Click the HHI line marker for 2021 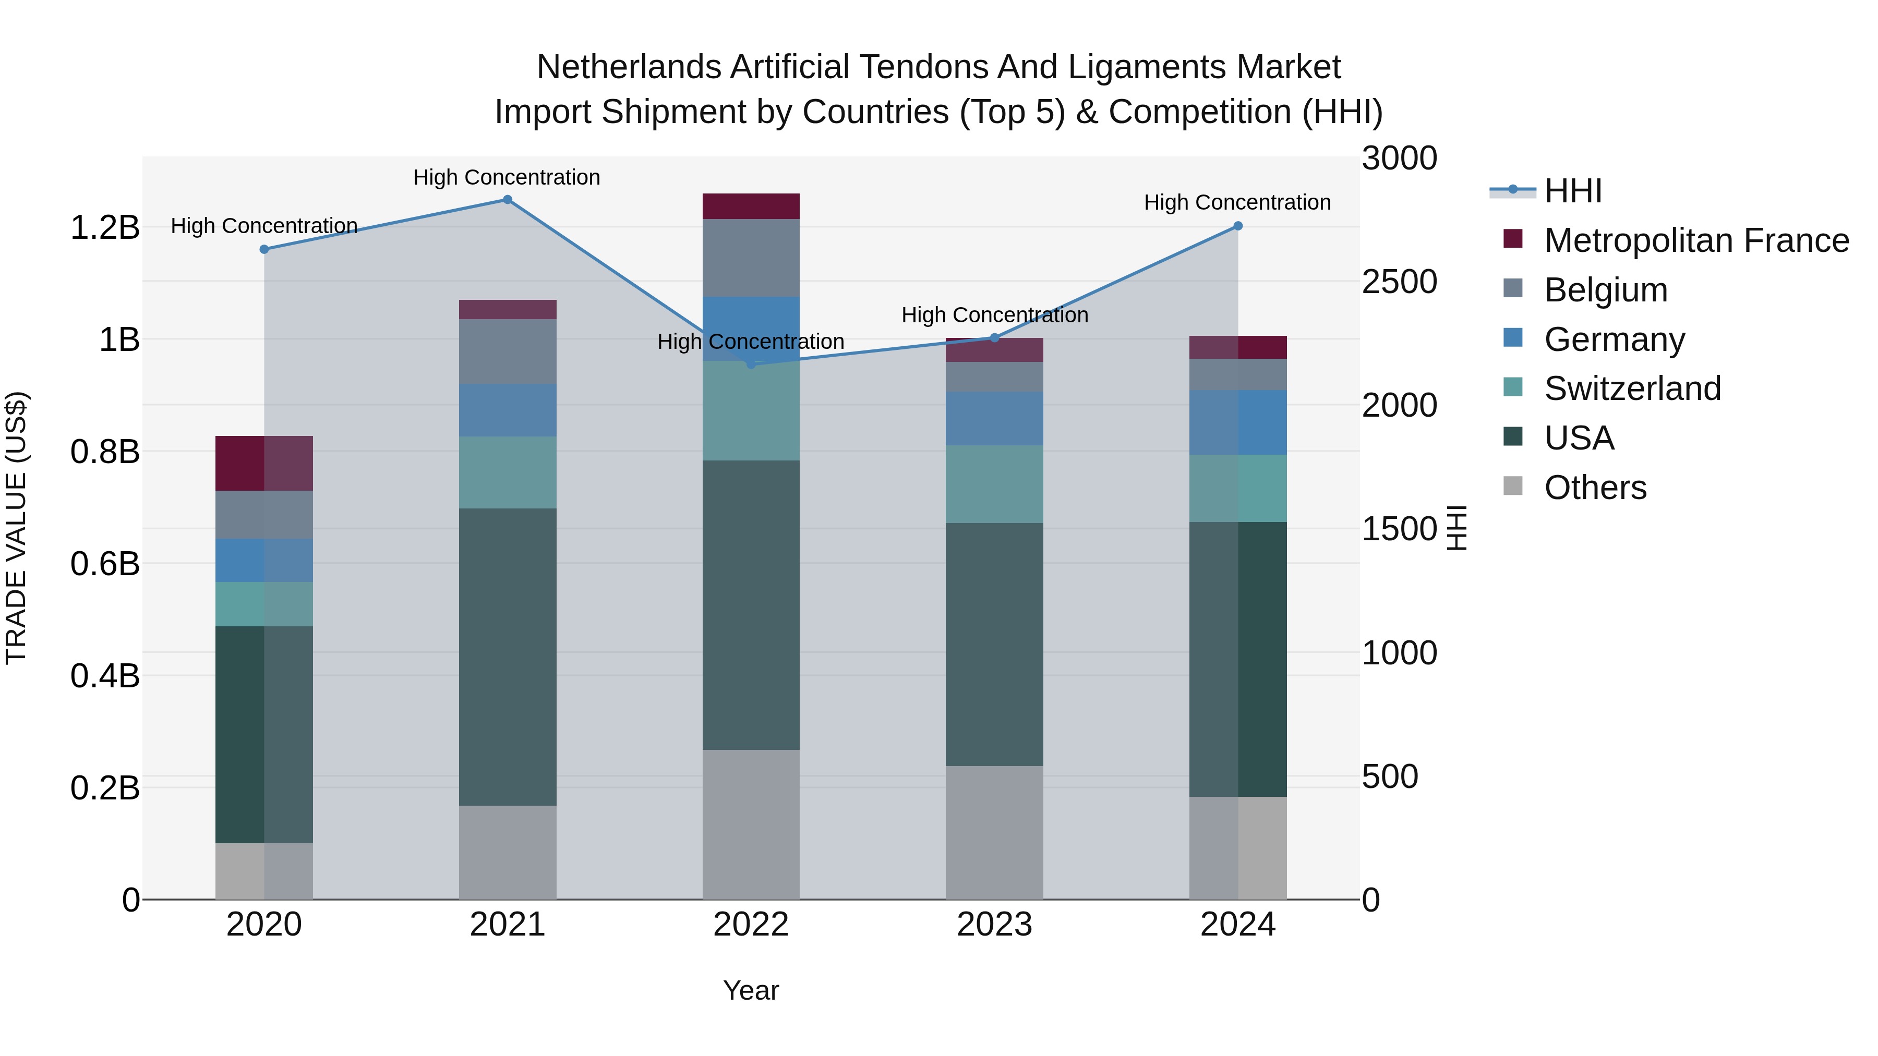[508, 200]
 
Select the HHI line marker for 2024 [1238, 226]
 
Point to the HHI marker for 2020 [264, 249]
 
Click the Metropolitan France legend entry [1696, 240]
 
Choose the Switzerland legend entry [1632, 389]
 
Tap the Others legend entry [1594, 488]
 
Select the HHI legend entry [1572, 191]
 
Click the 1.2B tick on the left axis [104, 227]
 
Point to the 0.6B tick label [104, 563]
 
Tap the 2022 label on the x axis [751, 925]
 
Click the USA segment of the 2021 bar [508, 656]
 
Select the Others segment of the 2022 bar [751, 823]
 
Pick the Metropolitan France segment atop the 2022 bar [751, 206]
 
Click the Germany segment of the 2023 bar [994, 418]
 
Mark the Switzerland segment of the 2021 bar [508, 472]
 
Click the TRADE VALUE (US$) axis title [16, 528]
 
